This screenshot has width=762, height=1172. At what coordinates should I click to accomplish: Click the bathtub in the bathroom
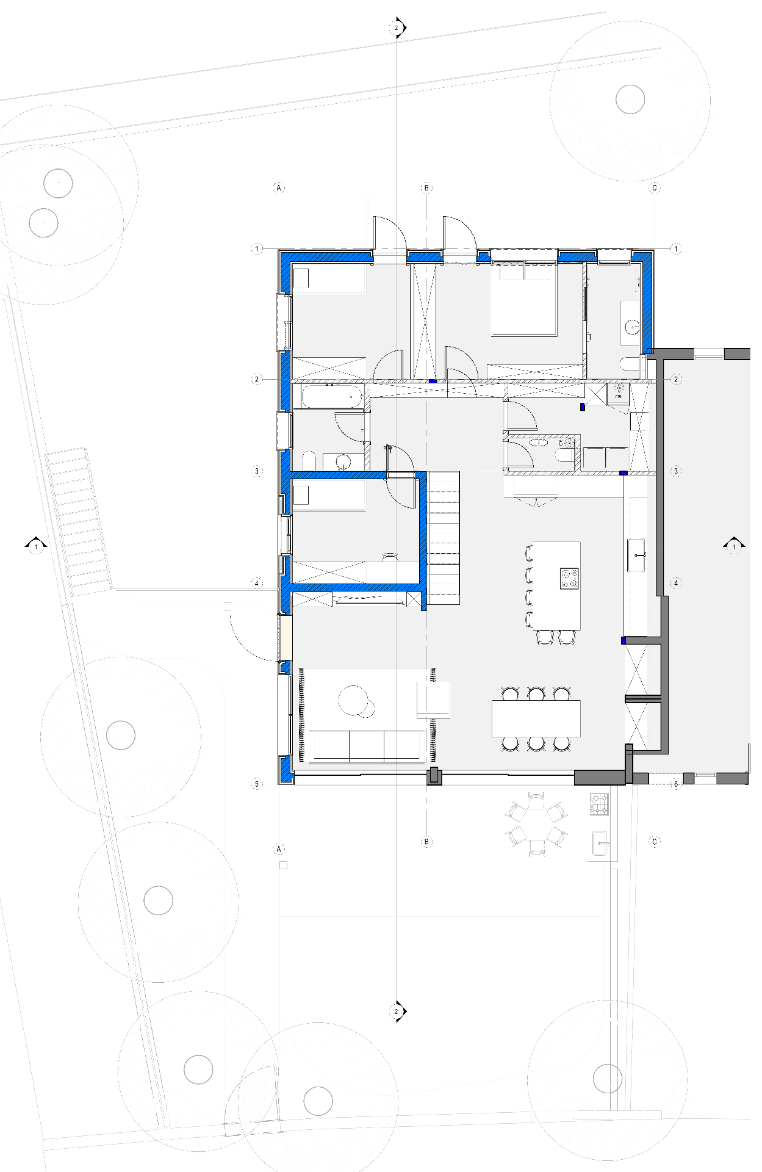tap(332, 396)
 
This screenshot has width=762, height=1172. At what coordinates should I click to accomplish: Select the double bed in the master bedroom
tap(524, 299)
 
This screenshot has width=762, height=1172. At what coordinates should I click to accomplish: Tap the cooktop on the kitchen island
tap(569, 579)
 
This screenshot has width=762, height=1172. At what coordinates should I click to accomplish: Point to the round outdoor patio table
tap(537, 825)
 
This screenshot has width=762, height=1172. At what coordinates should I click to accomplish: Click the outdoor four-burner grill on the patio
tap(599, 804)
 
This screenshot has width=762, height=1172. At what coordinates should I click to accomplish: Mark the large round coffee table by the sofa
tap(353, 700)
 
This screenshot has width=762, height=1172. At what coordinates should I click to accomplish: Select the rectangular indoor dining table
tap(536, 719)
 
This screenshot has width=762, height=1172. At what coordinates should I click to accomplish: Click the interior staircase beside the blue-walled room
tap(444, 538)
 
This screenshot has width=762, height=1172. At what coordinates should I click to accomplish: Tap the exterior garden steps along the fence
tap(79, 521)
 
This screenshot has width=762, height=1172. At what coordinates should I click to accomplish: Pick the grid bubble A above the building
tap(279, 188)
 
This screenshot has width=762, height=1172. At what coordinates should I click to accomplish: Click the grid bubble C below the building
tap(655, 842)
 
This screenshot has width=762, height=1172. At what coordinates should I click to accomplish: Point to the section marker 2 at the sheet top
tap(397, 27)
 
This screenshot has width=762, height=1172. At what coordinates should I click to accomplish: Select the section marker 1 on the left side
tap(36, 546)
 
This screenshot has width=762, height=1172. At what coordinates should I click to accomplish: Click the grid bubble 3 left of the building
tap(257, 471)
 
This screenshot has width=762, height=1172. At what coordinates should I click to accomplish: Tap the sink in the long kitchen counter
tap(636, 555)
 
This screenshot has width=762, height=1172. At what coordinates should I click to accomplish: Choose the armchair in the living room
tap(433, 700)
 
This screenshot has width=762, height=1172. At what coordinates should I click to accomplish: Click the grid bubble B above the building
tap(426, 188)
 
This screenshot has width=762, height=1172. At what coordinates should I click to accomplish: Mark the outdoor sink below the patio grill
tap(600, 844)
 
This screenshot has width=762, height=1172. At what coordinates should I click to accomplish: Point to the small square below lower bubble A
tap(283, 865)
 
